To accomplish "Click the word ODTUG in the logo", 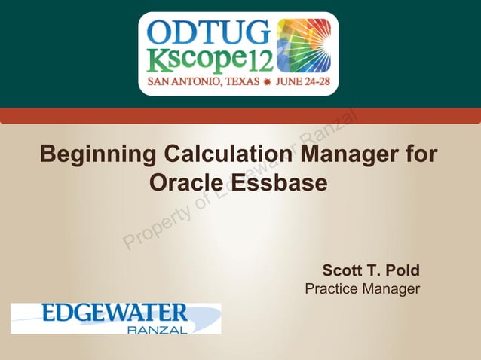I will [207, 32].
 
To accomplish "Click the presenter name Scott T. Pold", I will [371, 270].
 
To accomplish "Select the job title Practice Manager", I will [362, 288].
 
